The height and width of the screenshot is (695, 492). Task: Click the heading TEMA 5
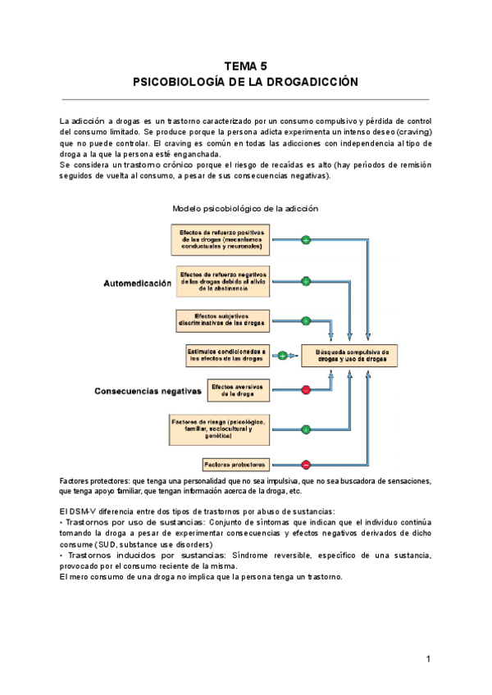point(245,66)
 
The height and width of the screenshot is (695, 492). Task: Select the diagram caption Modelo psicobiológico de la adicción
point(245,208)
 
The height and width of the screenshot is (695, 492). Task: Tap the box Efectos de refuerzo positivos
point(221,239)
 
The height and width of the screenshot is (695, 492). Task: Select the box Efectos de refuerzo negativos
point(223,280)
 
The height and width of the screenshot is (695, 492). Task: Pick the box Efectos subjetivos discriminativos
point(222,320)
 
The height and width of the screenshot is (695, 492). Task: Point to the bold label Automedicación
point(138,284)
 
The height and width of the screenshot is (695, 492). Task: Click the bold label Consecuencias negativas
point(148,391)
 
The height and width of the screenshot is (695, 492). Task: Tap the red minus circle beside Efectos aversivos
point(306,389)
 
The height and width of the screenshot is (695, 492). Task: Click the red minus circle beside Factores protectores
point(306,464)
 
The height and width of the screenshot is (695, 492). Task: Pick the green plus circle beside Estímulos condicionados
point(283,355)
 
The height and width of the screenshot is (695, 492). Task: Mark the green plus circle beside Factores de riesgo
point(306,429)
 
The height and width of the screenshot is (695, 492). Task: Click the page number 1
point(428,659)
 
